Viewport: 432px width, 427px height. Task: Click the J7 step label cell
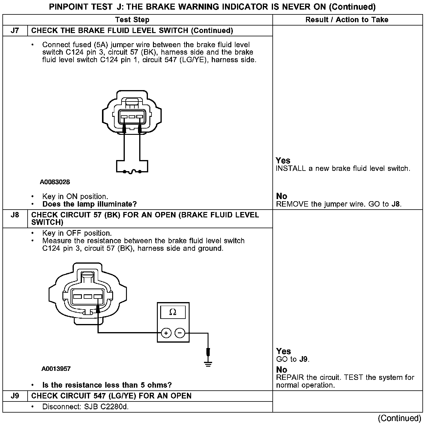coord(15,31)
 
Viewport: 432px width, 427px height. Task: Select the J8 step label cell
coord(15,215)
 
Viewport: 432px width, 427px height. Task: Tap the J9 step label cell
coord(15,396)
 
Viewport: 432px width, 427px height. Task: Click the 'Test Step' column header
coord(132,20)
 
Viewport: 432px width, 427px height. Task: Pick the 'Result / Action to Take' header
coord(347,20)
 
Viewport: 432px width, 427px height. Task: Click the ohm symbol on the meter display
coord(173,312)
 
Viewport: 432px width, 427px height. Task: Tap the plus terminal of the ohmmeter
coord(166,333)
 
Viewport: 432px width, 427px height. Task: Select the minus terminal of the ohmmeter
coord(180,333)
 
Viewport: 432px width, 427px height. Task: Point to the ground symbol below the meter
coord(208,364)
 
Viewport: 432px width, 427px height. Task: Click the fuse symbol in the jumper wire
coord(132,172)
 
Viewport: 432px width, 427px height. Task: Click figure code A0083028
coord(55,182)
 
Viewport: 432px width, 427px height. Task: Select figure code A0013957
coord(56,369)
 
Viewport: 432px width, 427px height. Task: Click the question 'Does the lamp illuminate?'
coord(89,204)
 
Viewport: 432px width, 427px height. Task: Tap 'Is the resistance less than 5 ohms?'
coord(107,385)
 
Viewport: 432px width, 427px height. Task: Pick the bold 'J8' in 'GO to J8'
coord(396,204)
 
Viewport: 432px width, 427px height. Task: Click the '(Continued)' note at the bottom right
coord(400,418)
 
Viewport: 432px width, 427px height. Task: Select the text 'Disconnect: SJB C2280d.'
coord(85,407)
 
